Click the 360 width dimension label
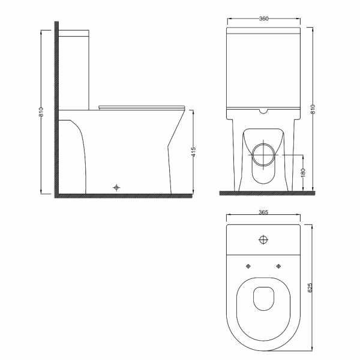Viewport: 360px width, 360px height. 263,19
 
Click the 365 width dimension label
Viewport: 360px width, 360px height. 263,212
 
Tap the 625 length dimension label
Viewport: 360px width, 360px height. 310,287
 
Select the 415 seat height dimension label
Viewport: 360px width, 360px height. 194,152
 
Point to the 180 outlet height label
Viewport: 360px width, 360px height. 303,173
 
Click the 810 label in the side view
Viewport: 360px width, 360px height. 41,112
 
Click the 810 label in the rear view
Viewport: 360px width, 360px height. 313,109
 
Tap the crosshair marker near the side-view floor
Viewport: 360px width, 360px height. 116,188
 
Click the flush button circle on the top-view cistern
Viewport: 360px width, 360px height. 263,239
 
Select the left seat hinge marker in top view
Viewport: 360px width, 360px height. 248,266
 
